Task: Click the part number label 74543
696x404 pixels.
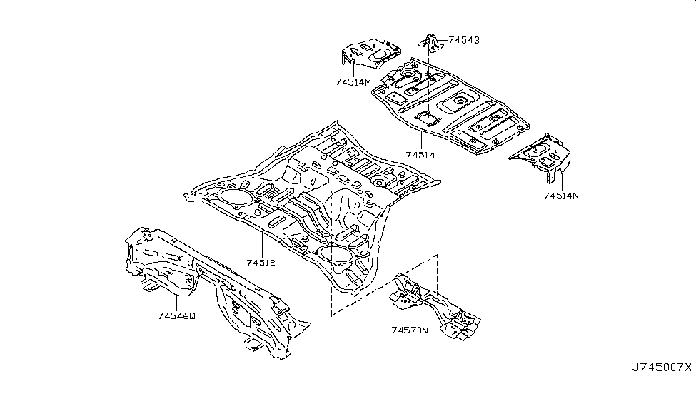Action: [464, 40]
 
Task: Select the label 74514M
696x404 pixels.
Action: [353, 82]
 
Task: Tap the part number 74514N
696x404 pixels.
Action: [561, 196]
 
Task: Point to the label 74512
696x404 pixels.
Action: [261, 263]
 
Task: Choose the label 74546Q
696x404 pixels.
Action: [176, 316]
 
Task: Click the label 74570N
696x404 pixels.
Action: [410, 330]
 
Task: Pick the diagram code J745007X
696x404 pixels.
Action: [662, 368]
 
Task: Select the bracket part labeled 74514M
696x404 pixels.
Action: [370, 54]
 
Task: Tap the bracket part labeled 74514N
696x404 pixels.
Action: [543, 156]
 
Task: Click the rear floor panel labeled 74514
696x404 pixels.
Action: [450, 106]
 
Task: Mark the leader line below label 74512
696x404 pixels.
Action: [262, 245]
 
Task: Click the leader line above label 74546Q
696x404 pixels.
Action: [176, 303]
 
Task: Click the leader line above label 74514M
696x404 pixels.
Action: [353, 69]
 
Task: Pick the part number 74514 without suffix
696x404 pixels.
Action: [420, 156]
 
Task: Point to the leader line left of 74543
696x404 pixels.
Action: [442, 40]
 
